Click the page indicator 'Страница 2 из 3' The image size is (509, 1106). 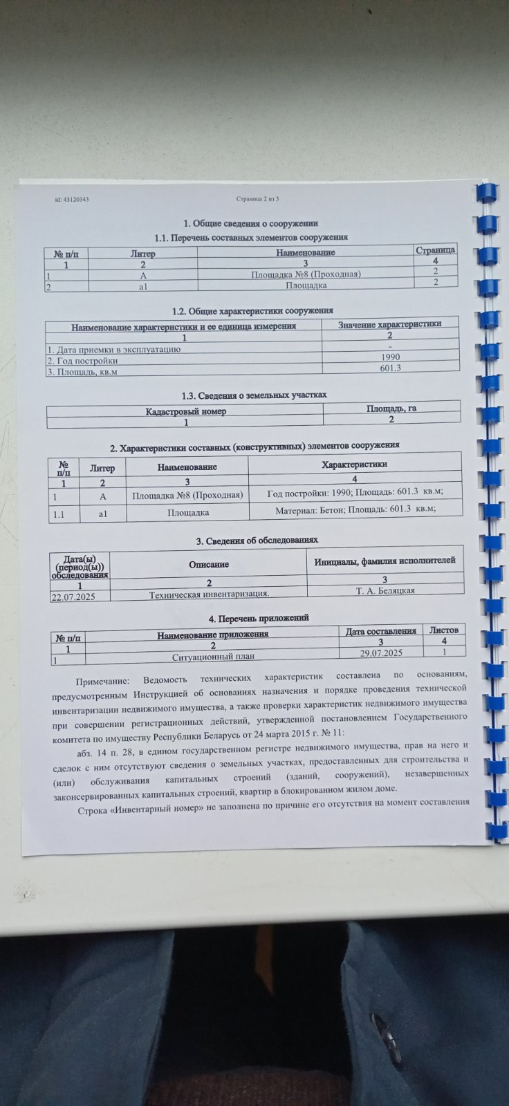pos(257,199)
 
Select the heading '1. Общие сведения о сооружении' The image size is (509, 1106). pos(250,223)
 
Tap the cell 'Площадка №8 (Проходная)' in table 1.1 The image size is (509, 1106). pos(305,274)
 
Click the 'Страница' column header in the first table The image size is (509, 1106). pos(435,250)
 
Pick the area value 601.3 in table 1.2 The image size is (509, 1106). pos(390,368)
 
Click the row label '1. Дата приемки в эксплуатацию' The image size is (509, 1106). pos(113,349)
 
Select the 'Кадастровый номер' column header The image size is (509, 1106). pos(185,411)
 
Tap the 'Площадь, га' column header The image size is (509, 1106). pos(391,409)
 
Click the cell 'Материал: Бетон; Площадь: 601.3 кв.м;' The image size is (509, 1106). pos(355,510)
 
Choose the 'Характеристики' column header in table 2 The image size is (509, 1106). pos(354,464)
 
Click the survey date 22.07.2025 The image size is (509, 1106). pos(73,596)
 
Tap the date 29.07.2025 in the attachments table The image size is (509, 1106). pos(381,653)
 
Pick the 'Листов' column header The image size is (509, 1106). pos(443,630)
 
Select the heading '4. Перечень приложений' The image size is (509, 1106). pos(259,617)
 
